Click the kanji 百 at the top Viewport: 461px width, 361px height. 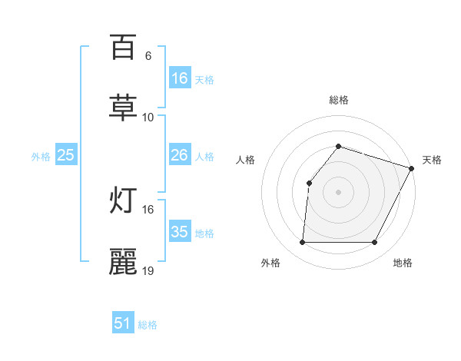[123, 47]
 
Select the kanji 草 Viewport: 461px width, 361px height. [123, 107]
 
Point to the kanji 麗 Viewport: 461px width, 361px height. [123, 261]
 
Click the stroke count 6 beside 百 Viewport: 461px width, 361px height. [148, 56]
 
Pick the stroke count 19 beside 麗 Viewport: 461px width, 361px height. [148, 271]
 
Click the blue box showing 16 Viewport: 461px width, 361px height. [180, 78]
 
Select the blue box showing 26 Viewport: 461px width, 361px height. [180, 155]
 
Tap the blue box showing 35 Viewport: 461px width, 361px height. [180, 232]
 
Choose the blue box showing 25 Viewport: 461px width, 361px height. [66, 155]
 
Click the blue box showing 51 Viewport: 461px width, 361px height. [123, 323]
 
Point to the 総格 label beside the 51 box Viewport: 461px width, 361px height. [148, 325]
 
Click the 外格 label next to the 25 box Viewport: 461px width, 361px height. [41, 156]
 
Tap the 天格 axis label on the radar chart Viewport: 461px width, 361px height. [432, 160]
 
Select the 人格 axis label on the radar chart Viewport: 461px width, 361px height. [245, 160]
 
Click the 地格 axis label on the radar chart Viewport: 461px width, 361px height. [403, 263]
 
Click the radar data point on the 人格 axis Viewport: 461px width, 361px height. [309, 183]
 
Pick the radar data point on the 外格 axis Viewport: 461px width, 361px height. [302, 243]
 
